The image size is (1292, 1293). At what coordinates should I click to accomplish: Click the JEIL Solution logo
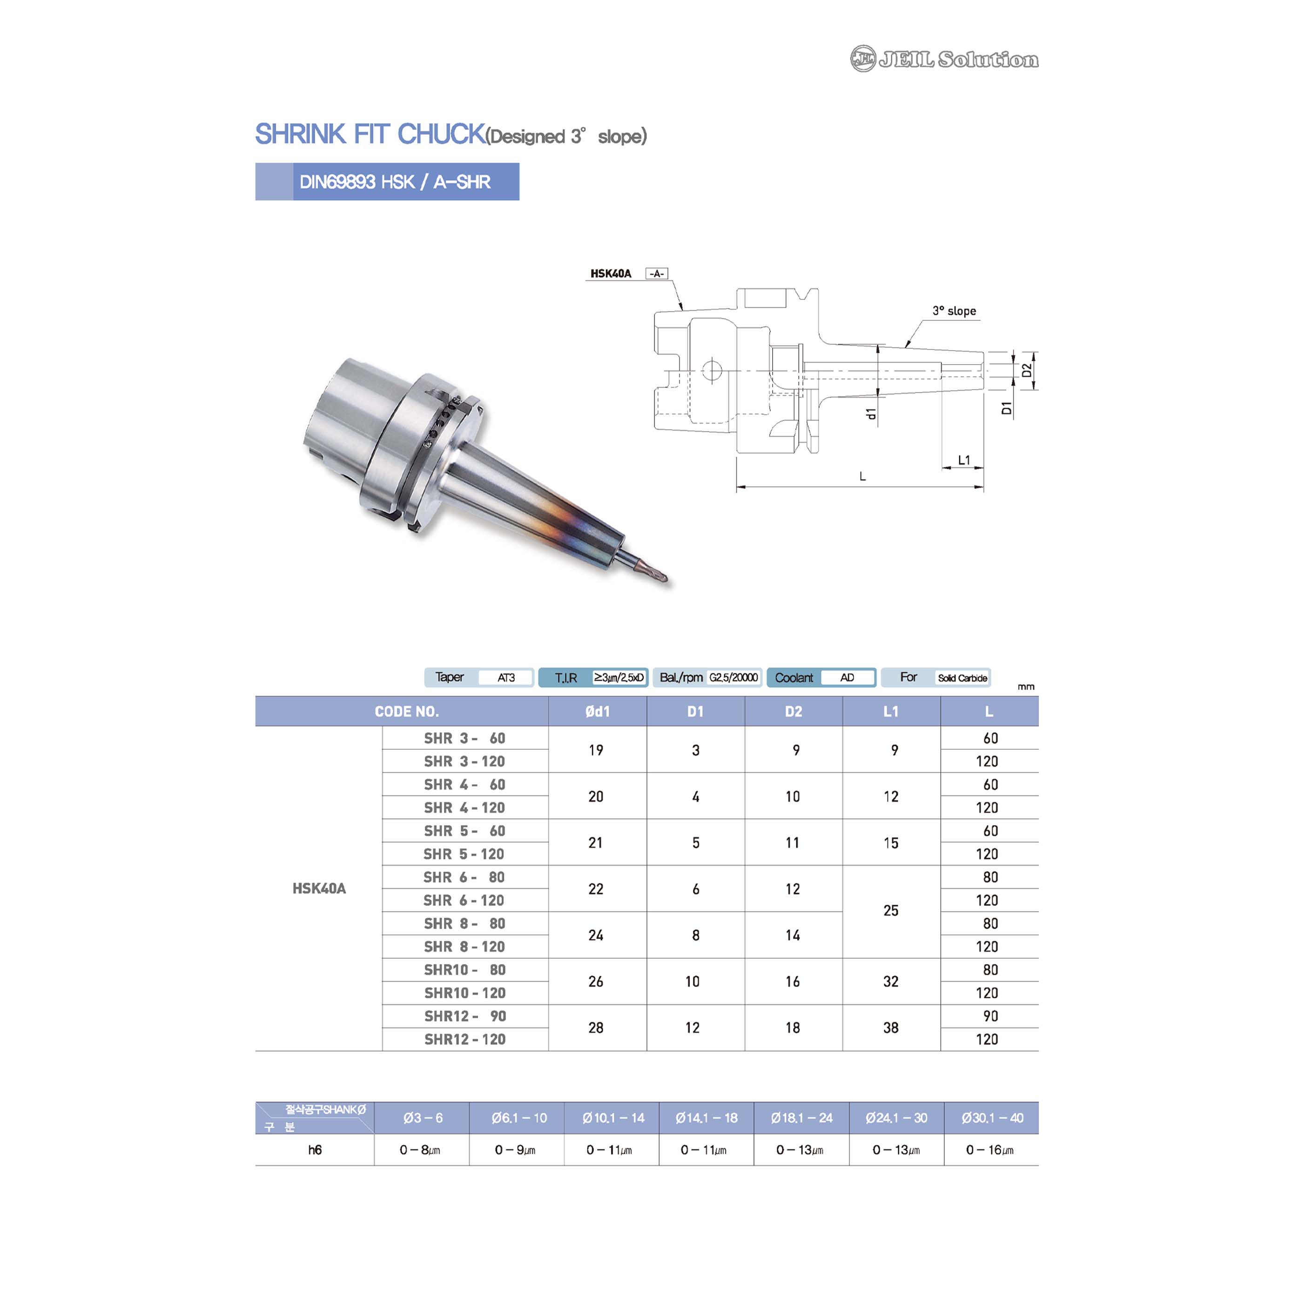(944, 59)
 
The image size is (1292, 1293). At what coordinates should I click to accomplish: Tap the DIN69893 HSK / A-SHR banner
(387, 182)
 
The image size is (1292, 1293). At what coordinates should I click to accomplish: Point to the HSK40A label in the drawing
(610, 273)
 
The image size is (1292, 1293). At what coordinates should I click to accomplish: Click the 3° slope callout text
(954, 311)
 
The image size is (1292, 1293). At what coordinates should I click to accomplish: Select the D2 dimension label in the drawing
(1026, 370)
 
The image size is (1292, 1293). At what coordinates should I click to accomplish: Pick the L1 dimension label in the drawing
(963, 460)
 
